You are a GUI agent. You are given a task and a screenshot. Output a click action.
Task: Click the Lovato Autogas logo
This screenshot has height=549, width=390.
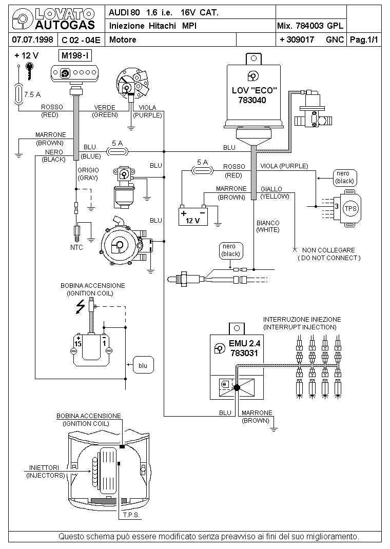tap(53, 19)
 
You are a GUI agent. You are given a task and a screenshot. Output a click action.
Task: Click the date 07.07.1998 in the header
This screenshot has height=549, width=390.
tap(32, 39)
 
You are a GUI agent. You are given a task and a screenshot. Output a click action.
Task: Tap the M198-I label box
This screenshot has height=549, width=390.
tap(75, 55)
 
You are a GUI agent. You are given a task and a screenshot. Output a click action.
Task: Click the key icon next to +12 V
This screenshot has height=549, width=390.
tap(30, 71)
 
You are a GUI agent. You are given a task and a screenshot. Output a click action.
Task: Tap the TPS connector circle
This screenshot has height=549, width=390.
tap(350, 209)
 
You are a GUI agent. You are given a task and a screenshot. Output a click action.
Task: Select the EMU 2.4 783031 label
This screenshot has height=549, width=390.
tap(244, 348)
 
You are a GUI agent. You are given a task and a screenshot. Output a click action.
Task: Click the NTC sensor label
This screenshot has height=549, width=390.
tap(76, 247)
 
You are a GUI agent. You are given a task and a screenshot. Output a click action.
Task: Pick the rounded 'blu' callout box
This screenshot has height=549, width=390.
tap(143, 365)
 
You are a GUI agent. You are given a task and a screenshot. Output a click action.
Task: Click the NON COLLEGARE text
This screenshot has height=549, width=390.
tap(328, 250)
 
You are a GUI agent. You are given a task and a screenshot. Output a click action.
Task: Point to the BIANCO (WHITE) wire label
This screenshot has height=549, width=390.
tap(268, 226)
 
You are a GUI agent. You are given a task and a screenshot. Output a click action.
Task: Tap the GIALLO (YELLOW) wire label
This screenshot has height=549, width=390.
tap(275, 192)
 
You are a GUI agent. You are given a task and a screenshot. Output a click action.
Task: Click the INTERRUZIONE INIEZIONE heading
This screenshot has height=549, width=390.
tap(302, 319)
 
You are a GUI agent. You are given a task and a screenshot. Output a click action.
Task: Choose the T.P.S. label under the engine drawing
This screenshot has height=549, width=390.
tap(131, 515)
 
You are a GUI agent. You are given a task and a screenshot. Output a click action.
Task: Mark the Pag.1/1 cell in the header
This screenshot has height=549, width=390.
tap(364, 40)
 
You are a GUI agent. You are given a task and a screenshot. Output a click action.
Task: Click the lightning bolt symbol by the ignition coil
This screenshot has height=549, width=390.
tap(81, 306)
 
